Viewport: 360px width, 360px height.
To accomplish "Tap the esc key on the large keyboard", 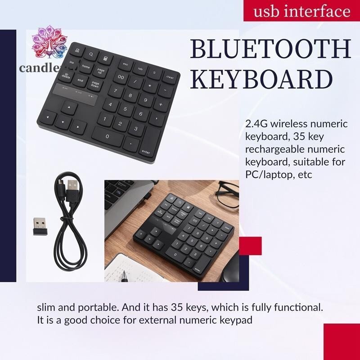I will [125, 65].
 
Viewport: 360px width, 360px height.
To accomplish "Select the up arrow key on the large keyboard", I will [68, 108].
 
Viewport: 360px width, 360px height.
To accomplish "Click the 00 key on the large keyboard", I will [120, 77].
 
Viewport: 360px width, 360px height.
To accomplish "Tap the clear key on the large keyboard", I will [170, 76].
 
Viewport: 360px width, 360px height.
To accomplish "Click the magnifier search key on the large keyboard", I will [91, 54].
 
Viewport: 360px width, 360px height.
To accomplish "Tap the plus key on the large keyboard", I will [161, 104].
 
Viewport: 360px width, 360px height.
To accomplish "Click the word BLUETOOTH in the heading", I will [270, 49].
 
